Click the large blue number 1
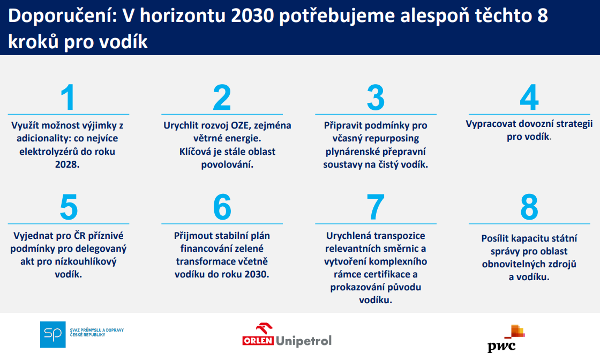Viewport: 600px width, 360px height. point(67,97)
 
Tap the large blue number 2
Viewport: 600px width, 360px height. point(222,97)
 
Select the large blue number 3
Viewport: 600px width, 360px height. point(376,97)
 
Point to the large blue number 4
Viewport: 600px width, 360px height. point(529,97)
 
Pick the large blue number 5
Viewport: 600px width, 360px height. point(69,207)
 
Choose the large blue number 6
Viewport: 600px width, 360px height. point(222,207)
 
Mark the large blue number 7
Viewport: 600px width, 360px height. point(376,207)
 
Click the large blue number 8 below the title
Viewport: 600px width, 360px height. point(529,207)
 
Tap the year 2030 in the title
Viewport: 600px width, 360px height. point(252,16)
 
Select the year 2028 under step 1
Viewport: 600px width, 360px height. point(67,164)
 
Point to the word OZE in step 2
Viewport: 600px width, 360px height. point(241,125)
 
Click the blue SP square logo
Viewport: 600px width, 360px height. point(53,335)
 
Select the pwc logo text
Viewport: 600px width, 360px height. point(501,347)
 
